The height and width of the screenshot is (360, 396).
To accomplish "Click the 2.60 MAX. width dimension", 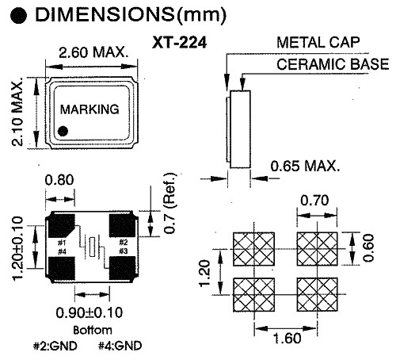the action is (93, 52).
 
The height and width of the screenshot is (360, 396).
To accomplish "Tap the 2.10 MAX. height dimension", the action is (17, 112).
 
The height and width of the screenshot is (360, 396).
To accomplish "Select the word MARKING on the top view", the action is (89, 109).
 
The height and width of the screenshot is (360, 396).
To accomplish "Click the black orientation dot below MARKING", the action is (63, 131).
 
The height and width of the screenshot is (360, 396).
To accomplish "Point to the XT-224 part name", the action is (179, 43).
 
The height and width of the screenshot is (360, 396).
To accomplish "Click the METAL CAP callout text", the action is (318, 42).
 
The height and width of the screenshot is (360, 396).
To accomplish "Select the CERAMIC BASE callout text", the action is (333, 64).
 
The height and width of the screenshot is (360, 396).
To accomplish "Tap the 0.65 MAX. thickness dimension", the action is (305, 167).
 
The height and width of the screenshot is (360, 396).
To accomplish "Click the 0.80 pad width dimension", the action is (59, 180).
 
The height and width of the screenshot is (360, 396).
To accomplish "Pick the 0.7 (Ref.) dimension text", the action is (169, 203).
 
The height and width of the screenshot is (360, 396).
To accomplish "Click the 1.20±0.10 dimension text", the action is (18, 248).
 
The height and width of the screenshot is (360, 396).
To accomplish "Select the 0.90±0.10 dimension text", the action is (89, 312).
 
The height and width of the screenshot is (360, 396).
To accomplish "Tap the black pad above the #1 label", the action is (62, 226).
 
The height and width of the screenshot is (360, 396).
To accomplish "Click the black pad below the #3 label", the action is (122, 268).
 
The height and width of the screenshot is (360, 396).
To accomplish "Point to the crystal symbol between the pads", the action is (92, 247).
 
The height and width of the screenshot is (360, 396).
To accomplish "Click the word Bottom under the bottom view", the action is (93, 330).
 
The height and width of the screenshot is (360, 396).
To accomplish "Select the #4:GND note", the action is (120, 346).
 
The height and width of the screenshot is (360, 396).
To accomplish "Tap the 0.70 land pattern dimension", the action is (314, 201).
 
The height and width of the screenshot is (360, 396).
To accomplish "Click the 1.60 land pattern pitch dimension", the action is (287, 338).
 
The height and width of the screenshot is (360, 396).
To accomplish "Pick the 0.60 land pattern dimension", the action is (368, 248).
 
